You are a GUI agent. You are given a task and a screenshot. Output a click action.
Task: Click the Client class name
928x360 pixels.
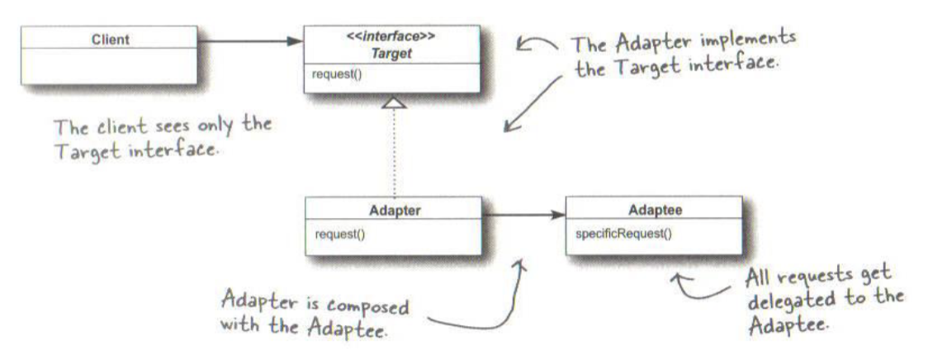click(111, 40)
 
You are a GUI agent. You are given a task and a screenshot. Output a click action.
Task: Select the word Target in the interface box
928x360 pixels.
click(391, 54)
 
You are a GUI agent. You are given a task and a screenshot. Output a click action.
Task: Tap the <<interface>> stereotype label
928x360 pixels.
click(391, 37)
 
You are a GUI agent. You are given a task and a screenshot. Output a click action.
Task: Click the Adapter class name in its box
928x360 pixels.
click(394, 211)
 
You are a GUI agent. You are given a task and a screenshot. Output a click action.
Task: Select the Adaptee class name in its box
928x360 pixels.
click(655, 210)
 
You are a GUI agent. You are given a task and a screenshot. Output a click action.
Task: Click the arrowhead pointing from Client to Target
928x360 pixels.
click(295, 41)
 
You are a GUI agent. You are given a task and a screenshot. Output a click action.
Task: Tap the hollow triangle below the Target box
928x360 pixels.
click(395, 102)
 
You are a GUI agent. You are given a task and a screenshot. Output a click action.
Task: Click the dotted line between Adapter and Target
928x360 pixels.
click(395, 153)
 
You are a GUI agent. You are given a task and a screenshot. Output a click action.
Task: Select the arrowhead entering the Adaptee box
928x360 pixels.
click(557, 216)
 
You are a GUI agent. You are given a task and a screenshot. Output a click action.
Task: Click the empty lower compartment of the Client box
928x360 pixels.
click(110, 66)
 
